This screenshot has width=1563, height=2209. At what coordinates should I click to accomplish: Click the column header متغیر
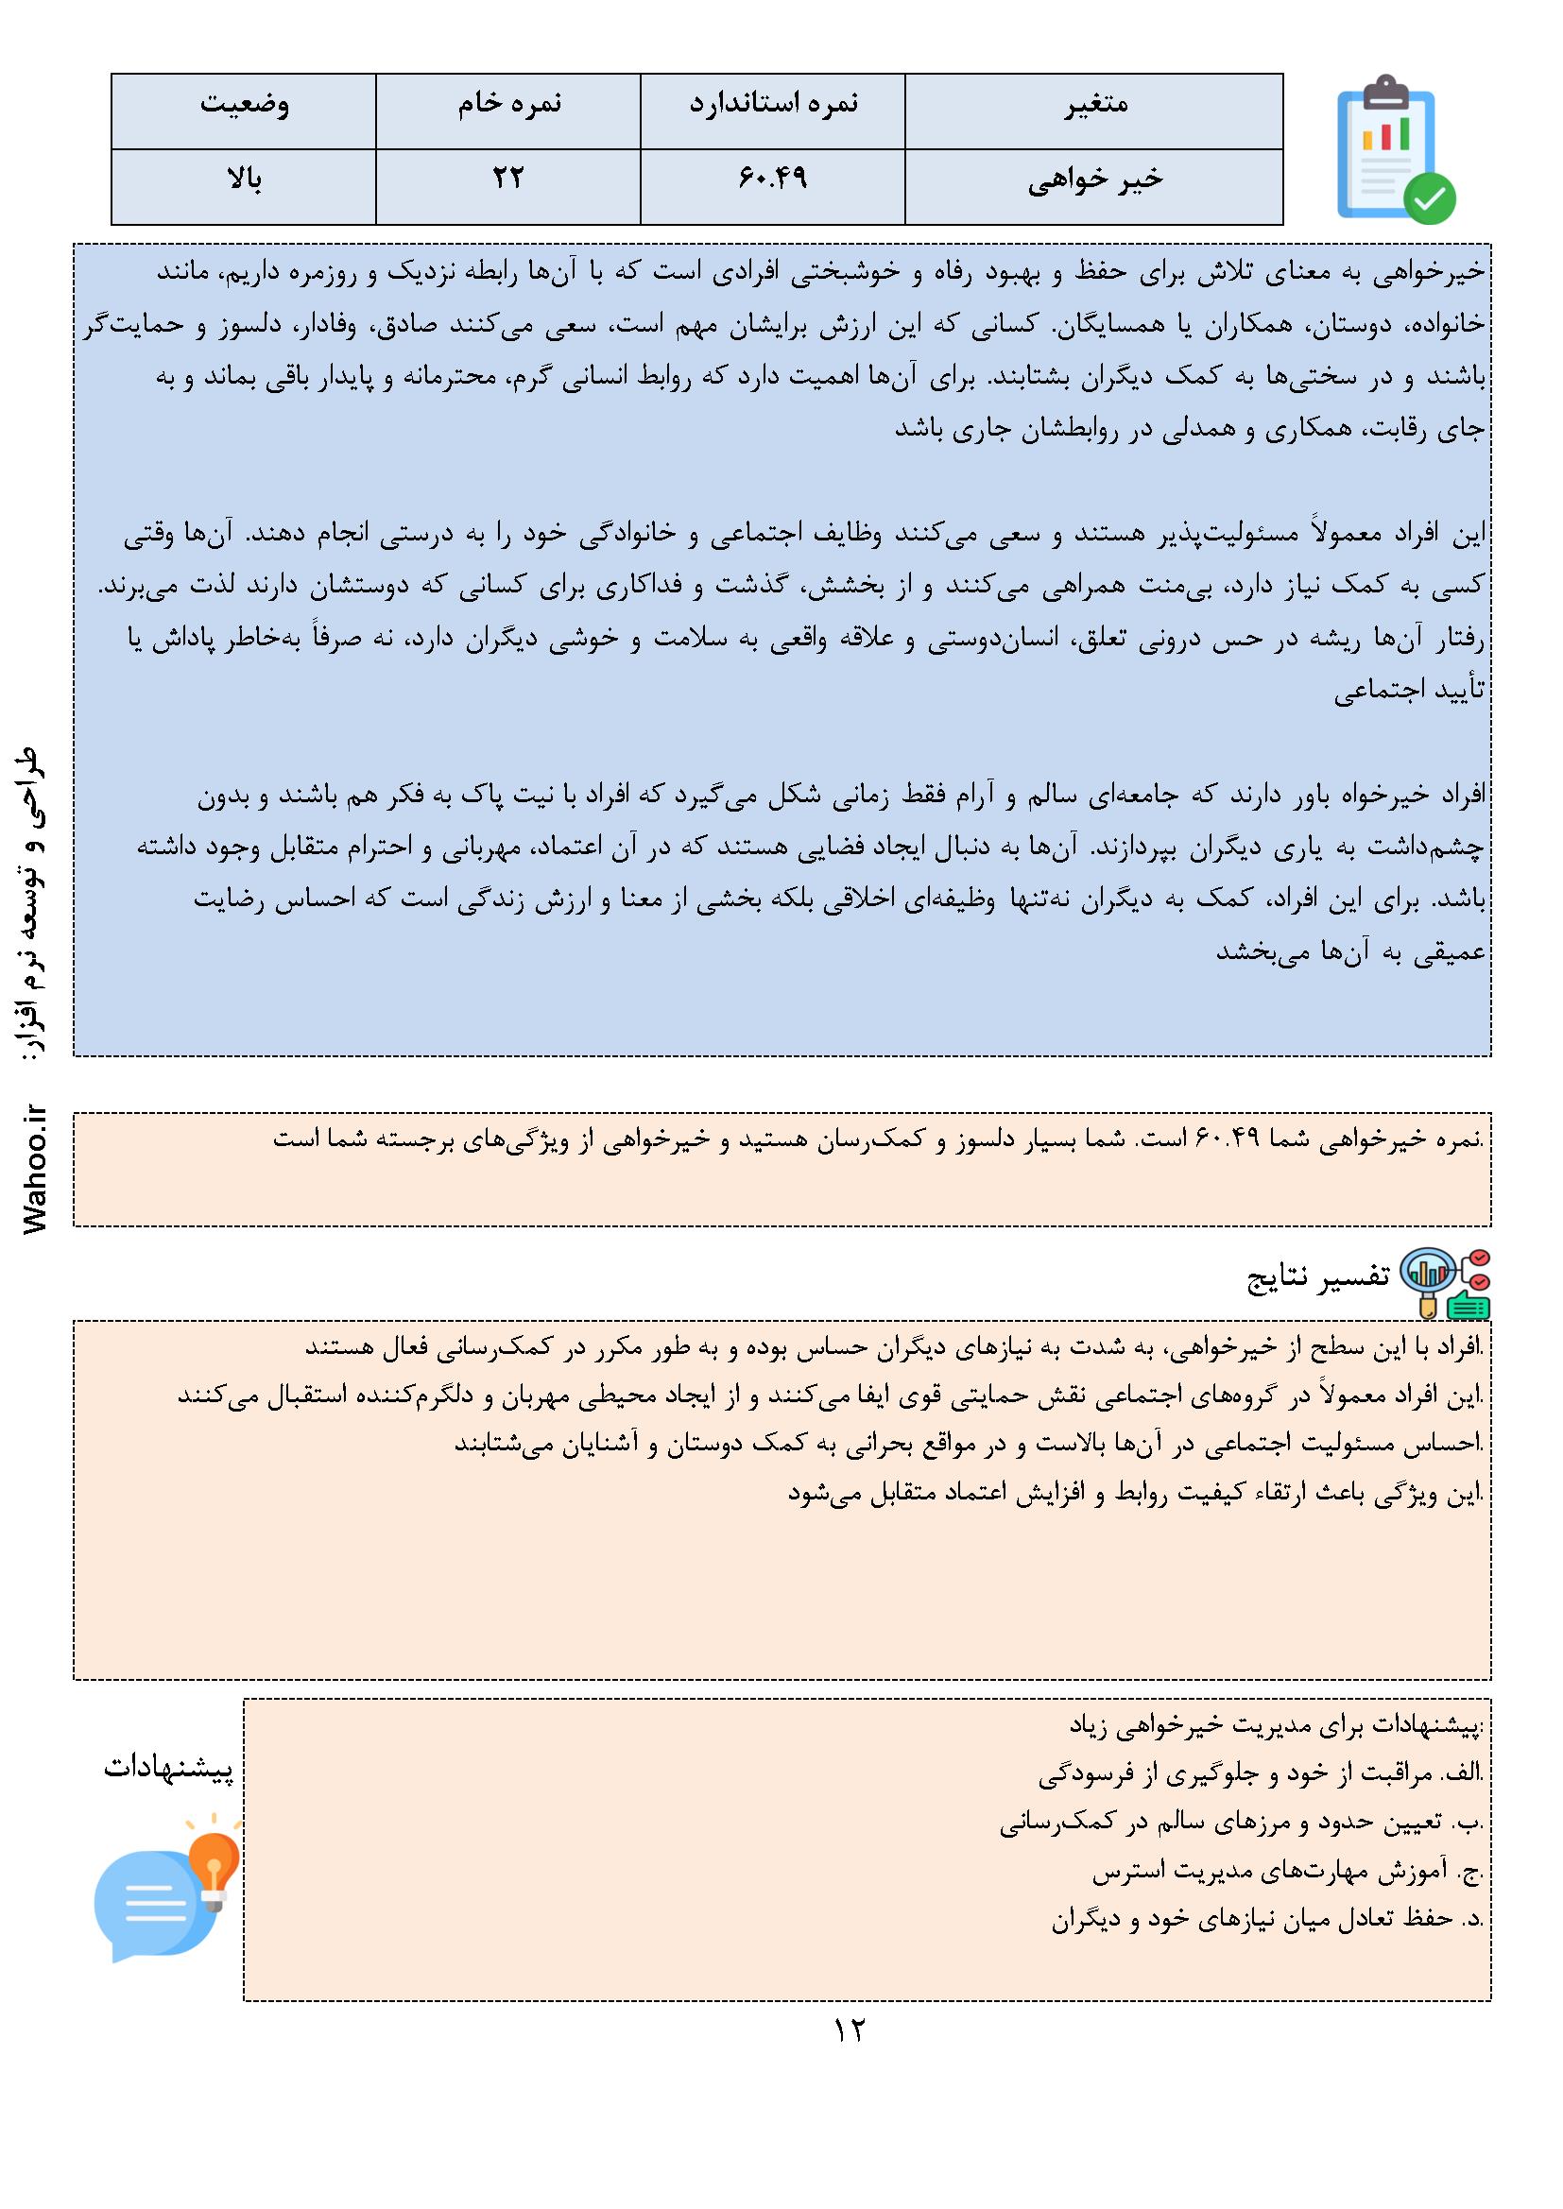coord(1094,104)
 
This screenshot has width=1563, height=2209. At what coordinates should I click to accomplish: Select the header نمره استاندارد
coord(773,104)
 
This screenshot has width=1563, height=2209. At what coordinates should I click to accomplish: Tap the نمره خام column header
coord(508,104)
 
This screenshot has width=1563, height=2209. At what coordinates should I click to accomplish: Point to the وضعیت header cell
coord(244,104)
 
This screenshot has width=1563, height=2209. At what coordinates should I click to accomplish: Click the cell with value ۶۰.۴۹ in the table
coord(773,179)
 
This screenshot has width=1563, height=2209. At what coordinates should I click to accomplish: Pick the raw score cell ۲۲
coord(508,179)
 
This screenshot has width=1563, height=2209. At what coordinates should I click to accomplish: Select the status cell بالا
coord(244,179)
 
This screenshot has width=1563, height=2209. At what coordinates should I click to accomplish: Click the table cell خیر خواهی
coord(1094,180)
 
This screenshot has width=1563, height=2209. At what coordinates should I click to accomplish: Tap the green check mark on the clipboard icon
coord(1429,199)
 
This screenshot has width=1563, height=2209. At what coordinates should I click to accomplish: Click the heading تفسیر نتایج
coord(1318,1277)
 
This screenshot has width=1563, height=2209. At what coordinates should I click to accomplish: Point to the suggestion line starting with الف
coord(1261,1773)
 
